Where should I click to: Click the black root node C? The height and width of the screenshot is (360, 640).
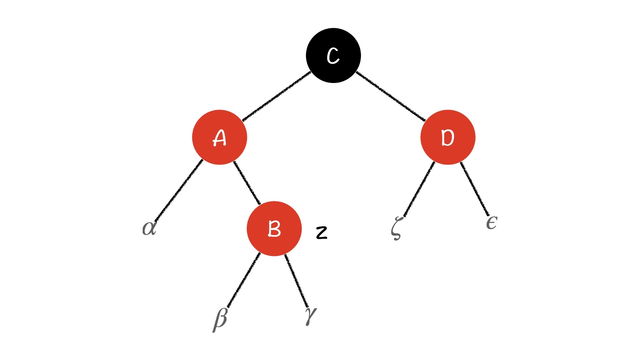pyautogui.click(x=333, y=55)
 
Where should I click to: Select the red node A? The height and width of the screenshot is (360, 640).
pyautogui.click(x=219, y=137)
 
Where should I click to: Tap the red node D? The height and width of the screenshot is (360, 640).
pyautogui.click(x=448, y=137)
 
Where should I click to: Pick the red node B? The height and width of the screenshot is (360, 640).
pyautogui.click(x=274, y=229)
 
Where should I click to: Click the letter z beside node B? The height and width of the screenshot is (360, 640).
pyautogui.click(x=322, y=233)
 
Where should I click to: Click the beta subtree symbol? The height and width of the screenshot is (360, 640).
pyautogui.click(x=220, y=319)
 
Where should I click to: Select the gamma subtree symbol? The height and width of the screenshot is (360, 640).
pyautogui.click(x=310, y=315)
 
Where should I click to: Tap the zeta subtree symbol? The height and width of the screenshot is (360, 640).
pyautogui.click(x=396, y=228)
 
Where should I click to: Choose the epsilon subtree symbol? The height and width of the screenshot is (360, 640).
pyautogui.click(x=492, y=223)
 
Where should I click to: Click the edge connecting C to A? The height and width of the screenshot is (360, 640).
pyautogui.click(x=277, y=96)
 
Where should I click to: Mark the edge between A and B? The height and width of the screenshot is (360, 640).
pyautogui.click(x=247, y=183)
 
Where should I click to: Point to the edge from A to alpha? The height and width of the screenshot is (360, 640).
pyautogui.click(x=178, y=190)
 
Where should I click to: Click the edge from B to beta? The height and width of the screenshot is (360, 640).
pyautogui.click(x=243, y=280)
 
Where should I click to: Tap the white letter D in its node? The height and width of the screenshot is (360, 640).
pyautogui.click(x=448, y=138)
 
